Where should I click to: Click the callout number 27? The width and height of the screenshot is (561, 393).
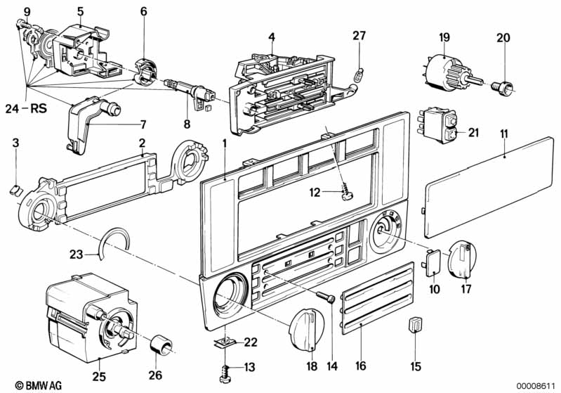click(359, 36)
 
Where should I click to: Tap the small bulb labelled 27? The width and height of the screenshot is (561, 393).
click(359, 72)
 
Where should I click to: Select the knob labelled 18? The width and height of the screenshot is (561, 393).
click(307, 328)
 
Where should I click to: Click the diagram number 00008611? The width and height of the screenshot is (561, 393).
click(536, 385)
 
